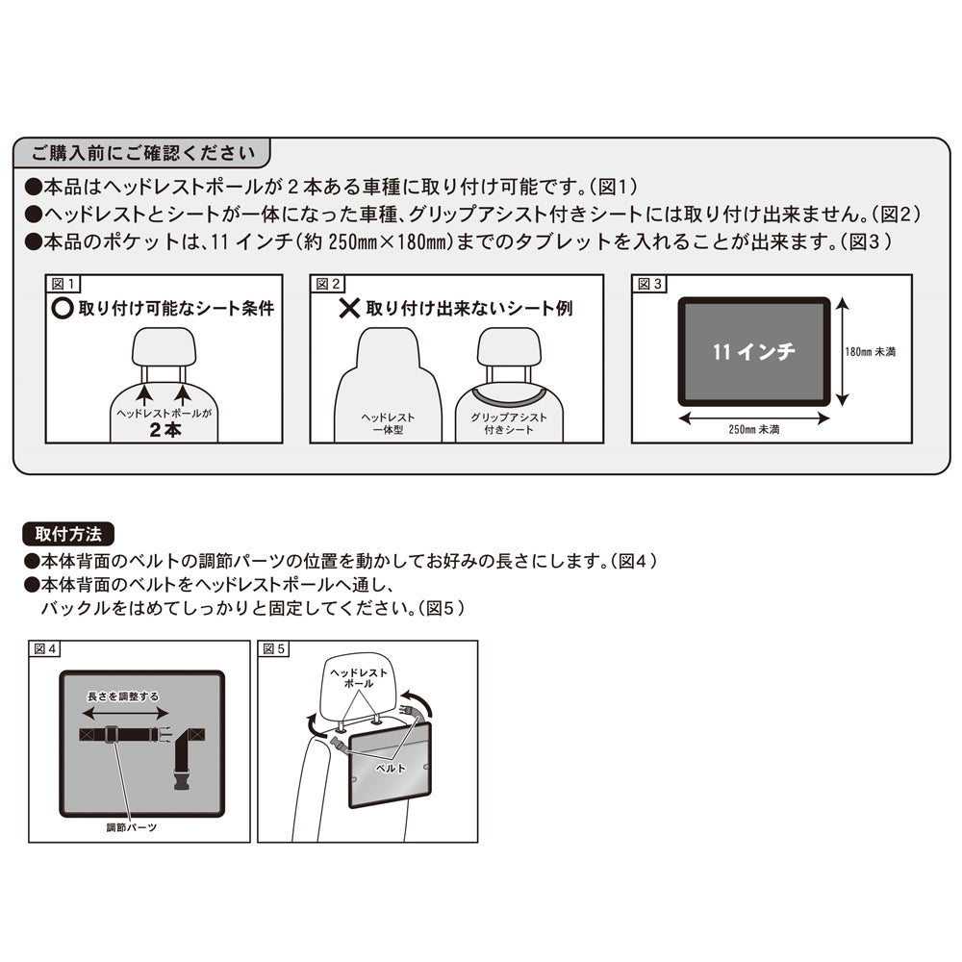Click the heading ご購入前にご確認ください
(x=142, y=152)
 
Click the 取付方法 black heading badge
(x=67, y=532)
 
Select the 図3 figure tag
(x=650, y=285)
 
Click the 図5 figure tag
(x=274, y=650)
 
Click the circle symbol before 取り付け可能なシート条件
(x=63, y=309)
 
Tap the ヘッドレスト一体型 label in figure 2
(x=388, y=423)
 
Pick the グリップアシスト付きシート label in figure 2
(x=509, y=423)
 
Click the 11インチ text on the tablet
(x=753, y=352)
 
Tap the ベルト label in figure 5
(x=390, y=769)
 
